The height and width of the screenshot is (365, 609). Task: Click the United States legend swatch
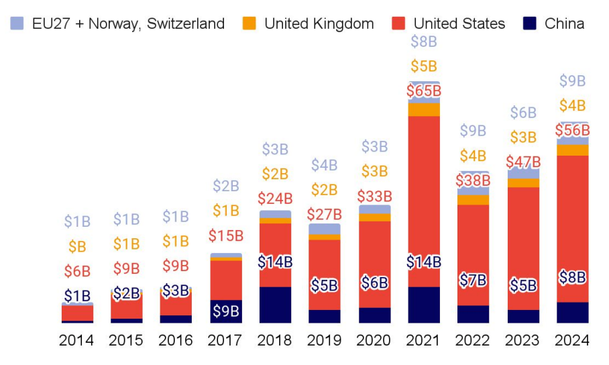click(400, 23)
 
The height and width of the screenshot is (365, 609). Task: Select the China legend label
click(564, 24)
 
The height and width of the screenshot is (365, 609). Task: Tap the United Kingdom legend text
click(319, 24)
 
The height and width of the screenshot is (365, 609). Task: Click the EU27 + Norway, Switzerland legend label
click(128, 24)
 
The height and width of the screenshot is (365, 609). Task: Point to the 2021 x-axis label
click(424, 340)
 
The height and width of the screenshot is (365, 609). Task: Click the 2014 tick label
click(76, 340)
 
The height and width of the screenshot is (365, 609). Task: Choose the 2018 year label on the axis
click(275, 340)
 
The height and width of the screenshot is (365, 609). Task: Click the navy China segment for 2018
click(275, 305)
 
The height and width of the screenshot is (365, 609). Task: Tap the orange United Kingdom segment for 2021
click(424, 109)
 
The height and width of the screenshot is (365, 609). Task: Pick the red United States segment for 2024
click(573, 221)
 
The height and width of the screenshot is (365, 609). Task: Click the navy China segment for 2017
click(226, 311)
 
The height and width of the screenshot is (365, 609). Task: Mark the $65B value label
click(424, 91)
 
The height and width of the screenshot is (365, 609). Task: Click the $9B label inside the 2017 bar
click(226, 311)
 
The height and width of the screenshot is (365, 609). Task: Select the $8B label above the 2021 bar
click(424, 42)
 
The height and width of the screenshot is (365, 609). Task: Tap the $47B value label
click(523, 162)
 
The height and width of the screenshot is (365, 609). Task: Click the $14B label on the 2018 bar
click(275, 262)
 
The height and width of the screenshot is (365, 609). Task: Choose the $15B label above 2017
click(226, 236)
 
